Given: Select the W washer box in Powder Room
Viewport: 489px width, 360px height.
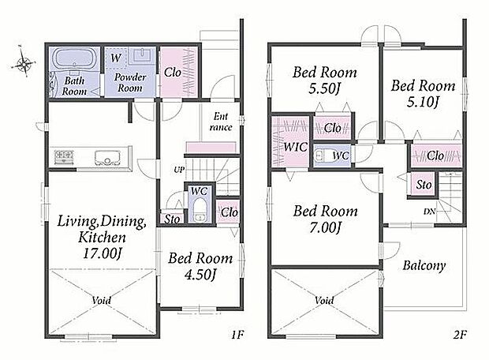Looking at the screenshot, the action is coord(116,58).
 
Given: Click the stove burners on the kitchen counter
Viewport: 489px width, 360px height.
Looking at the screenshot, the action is coord(65,156).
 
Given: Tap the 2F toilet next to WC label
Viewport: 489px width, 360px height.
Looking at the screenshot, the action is coord(320,156).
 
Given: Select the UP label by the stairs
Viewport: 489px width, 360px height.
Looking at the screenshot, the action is coord(179,170).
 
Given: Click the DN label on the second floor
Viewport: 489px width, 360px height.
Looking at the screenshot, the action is coord(429,212).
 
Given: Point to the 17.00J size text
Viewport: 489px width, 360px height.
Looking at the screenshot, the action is coord(102,253).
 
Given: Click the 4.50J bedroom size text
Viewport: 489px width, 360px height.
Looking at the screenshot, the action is coord(200,275).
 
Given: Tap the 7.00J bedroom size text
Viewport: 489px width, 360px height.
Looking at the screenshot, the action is coord(326,227).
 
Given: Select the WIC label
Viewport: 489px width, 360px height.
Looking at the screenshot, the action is coord(295,146).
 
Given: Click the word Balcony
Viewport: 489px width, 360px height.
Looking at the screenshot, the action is coord(424,265).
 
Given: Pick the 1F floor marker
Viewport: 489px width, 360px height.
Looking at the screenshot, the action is coord(237,335).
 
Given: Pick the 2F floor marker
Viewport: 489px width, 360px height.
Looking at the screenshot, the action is coord(460,335).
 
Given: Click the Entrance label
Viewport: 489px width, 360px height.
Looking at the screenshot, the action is coord(221,122).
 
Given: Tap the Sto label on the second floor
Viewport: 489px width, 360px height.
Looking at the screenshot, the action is coord(424,185).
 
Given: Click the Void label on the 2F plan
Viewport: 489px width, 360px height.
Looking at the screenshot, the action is coord(324,300).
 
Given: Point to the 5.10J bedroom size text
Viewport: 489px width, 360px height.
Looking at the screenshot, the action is coord(424,102).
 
